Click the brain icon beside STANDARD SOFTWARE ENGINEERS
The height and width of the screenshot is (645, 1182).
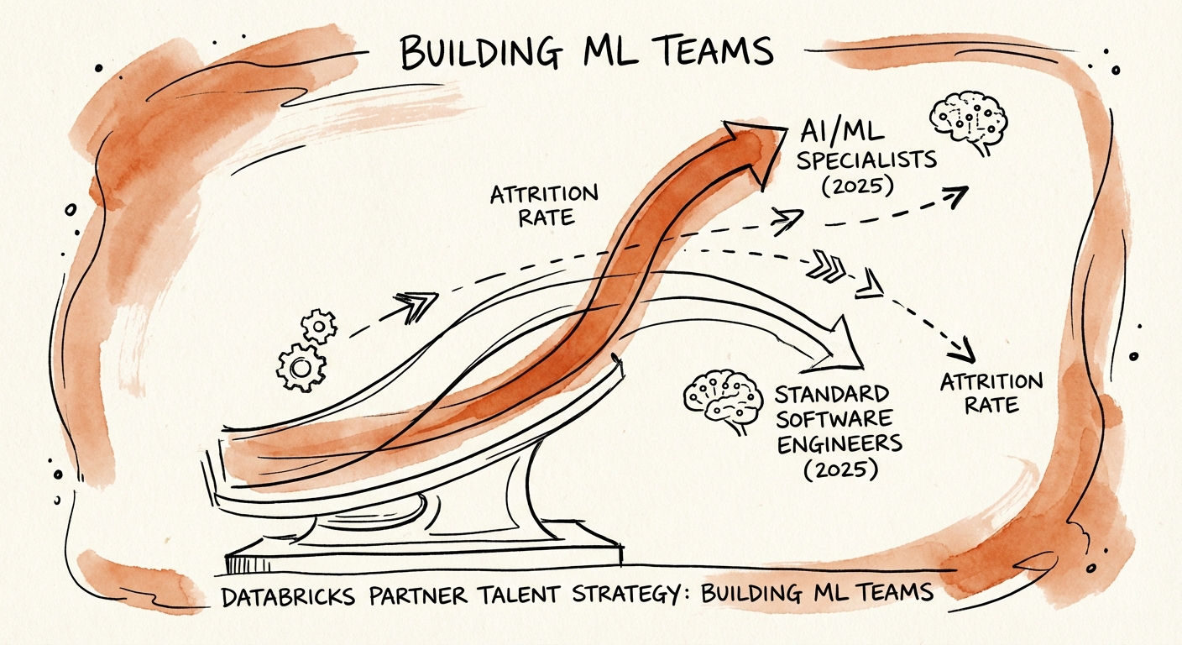[720, 397]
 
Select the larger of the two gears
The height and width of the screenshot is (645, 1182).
[301, 366]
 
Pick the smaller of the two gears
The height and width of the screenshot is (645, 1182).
[319, 326]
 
